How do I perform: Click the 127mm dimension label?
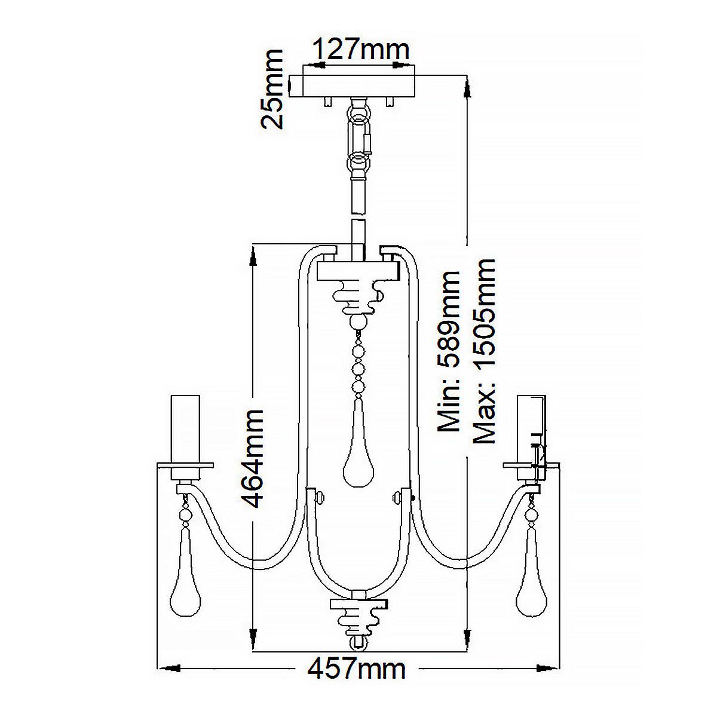(x=361, y=49)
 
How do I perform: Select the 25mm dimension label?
(x=272, y=90)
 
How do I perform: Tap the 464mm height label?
(x=252, y=458)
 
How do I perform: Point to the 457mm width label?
(x=357, y=668)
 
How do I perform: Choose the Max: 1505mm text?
(x=484, y=351)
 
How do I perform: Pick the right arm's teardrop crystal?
(x=530, y=581)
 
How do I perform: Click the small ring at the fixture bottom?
(x=358, y=644)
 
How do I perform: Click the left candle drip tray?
(x=185, y=464)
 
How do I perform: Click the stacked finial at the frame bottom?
(x=358, y=618)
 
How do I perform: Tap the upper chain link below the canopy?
(x=359, y=126)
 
